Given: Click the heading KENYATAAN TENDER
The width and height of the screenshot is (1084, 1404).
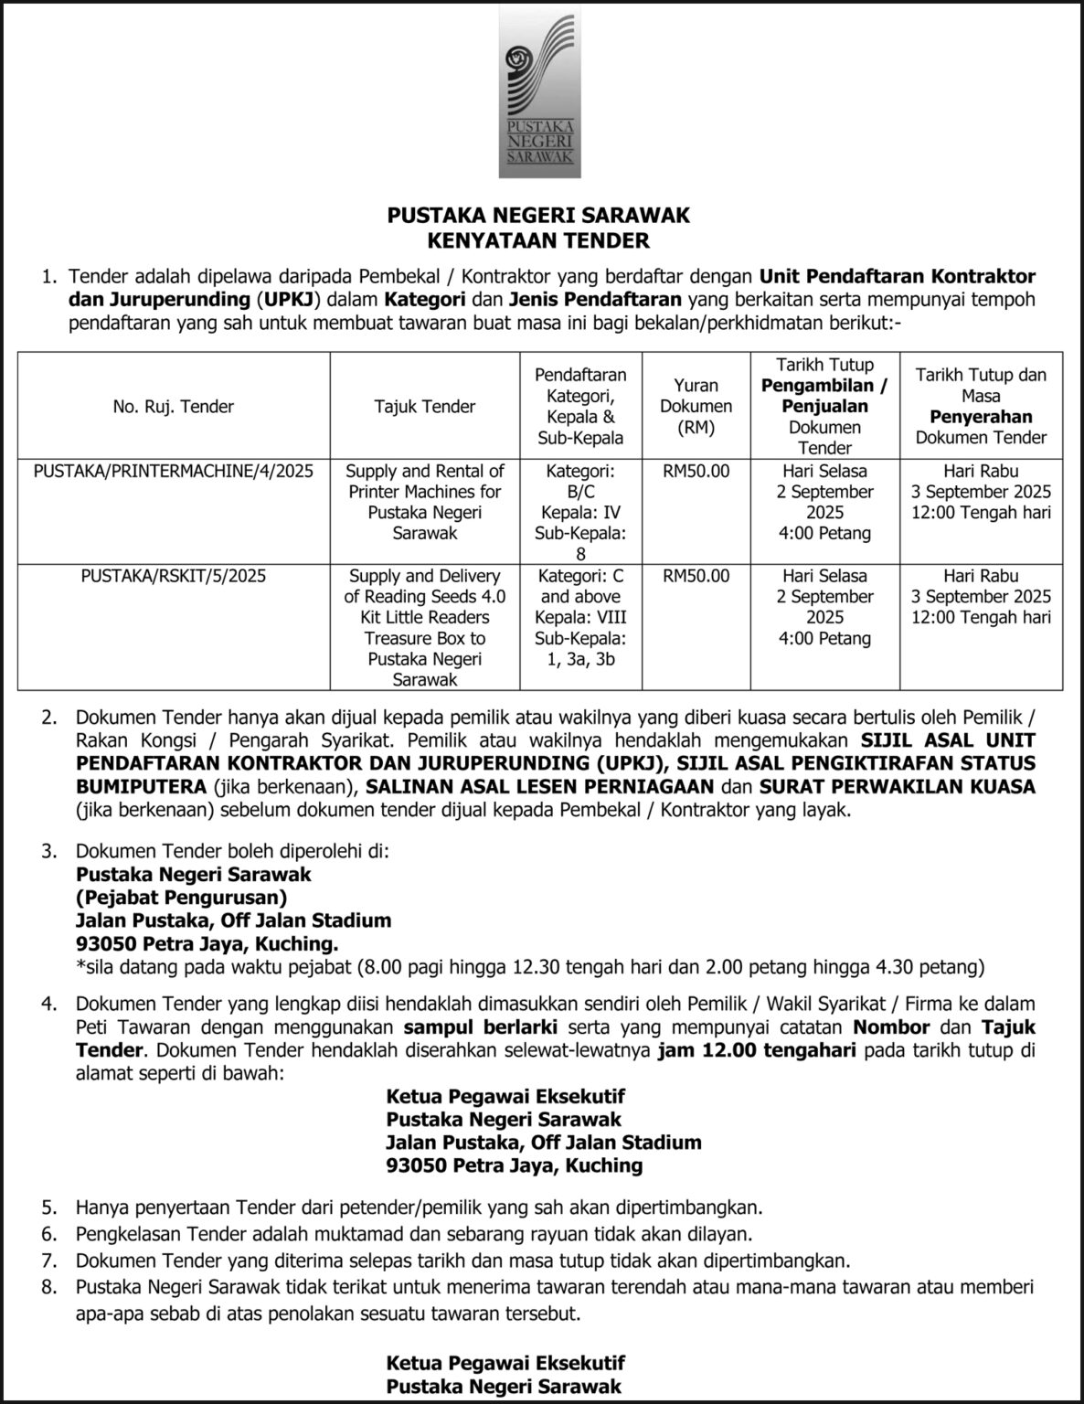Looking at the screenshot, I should point(538,241).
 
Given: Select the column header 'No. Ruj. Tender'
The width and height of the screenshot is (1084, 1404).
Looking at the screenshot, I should point(173,407).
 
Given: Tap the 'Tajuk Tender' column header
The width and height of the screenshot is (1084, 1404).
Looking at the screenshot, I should point(424,407).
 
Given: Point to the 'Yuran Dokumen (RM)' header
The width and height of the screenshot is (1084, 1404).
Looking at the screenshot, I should point(696,406).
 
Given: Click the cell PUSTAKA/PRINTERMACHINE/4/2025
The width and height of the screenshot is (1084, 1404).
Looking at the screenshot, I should point(173,472).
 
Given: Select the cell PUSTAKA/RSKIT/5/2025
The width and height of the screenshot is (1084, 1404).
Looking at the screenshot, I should point(173,576).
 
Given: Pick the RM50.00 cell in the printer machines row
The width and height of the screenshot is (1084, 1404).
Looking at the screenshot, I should point(696,472).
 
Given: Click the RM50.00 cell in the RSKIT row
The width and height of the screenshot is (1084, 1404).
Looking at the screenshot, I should point(696,576).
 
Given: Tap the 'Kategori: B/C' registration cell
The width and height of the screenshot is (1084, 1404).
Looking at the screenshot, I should point(580,512).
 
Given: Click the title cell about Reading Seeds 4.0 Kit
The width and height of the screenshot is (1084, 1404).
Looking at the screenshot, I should point(424,627).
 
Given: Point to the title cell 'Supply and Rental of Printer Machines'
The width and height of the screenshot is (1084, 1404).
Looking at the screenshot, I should point(424,502).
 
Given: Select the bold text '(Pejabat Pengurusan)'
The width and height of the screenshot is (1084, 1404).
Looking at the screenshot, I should point(181,897).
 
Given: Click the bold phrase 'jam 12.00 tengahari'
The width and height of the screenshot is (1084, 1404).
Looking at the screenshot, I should point(756,1050).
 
